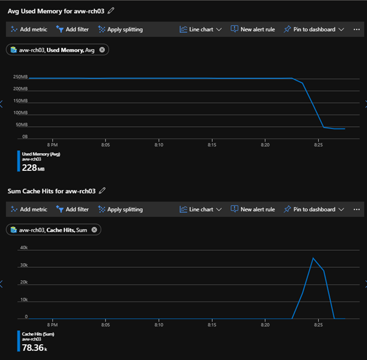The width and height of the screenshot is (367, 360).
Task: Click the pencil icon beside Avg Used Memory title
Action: point(111,10)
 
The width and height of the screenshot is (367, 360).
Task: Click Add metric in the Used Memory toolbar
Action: point(29,29)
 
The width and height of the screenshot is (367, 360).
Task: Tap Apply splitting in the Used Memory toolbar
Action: point(120,29)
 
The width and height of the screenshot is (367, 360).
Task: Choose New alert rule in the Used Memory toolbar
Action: point(252,29)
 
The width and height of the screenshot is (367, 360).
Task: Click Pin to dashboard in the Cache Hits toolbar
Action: point(313,209)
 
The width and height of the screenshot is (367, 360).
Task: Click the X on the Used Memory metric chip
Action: point(102,50)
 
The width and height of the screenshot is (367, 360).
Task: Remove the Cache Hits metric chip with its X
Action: point(94,230)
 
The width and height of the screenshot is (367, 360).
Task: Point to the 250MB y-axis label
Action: point(20,77)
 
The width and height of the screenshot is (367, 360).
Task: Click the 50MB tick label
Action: point(21,124)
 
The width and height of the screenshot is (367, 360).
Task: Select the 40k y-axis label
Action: point(24,248)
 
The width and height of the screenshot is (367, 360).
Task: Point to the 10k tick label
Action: point(24,300)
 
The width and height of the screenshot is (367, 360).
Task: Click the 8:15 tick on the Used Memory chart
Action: point(212,145)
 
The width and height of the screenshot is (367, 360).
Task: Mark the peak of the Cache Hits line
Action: point(313,258)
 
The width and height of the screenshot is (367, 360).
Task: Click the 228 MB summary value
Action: point(29,167)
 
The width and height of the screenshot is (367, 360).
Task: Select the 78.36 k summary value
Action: point(34,347)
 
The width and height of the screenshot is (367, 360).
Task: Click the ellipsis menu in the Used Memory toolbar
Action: point(357,29)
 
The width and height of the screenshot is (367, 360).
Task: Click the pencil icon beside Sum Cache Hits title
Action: point(102,190)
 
